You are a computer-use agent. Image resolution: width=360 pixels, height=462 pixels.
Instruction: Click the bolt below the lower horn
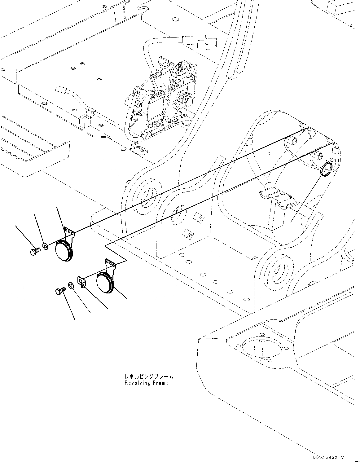[x=60, y=291]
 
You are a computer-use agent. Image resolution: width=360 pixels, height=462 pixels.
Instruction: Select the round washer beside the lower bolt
[x=71, y=285]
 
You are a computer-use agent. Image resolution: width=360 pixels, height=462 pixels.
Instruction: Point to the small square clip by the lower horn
[x=82, y=281]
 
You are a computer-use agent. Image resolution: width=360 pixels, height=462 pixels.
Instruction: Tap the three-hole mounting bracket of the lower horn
[x=111, y=263]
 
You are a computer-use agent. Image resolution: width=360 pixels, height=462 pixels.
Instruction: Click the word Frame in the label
[x=162, y=383]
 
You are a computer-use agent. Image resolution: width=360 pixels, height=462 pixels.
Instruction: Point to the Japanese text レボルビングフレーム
[x=149, y=377]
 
